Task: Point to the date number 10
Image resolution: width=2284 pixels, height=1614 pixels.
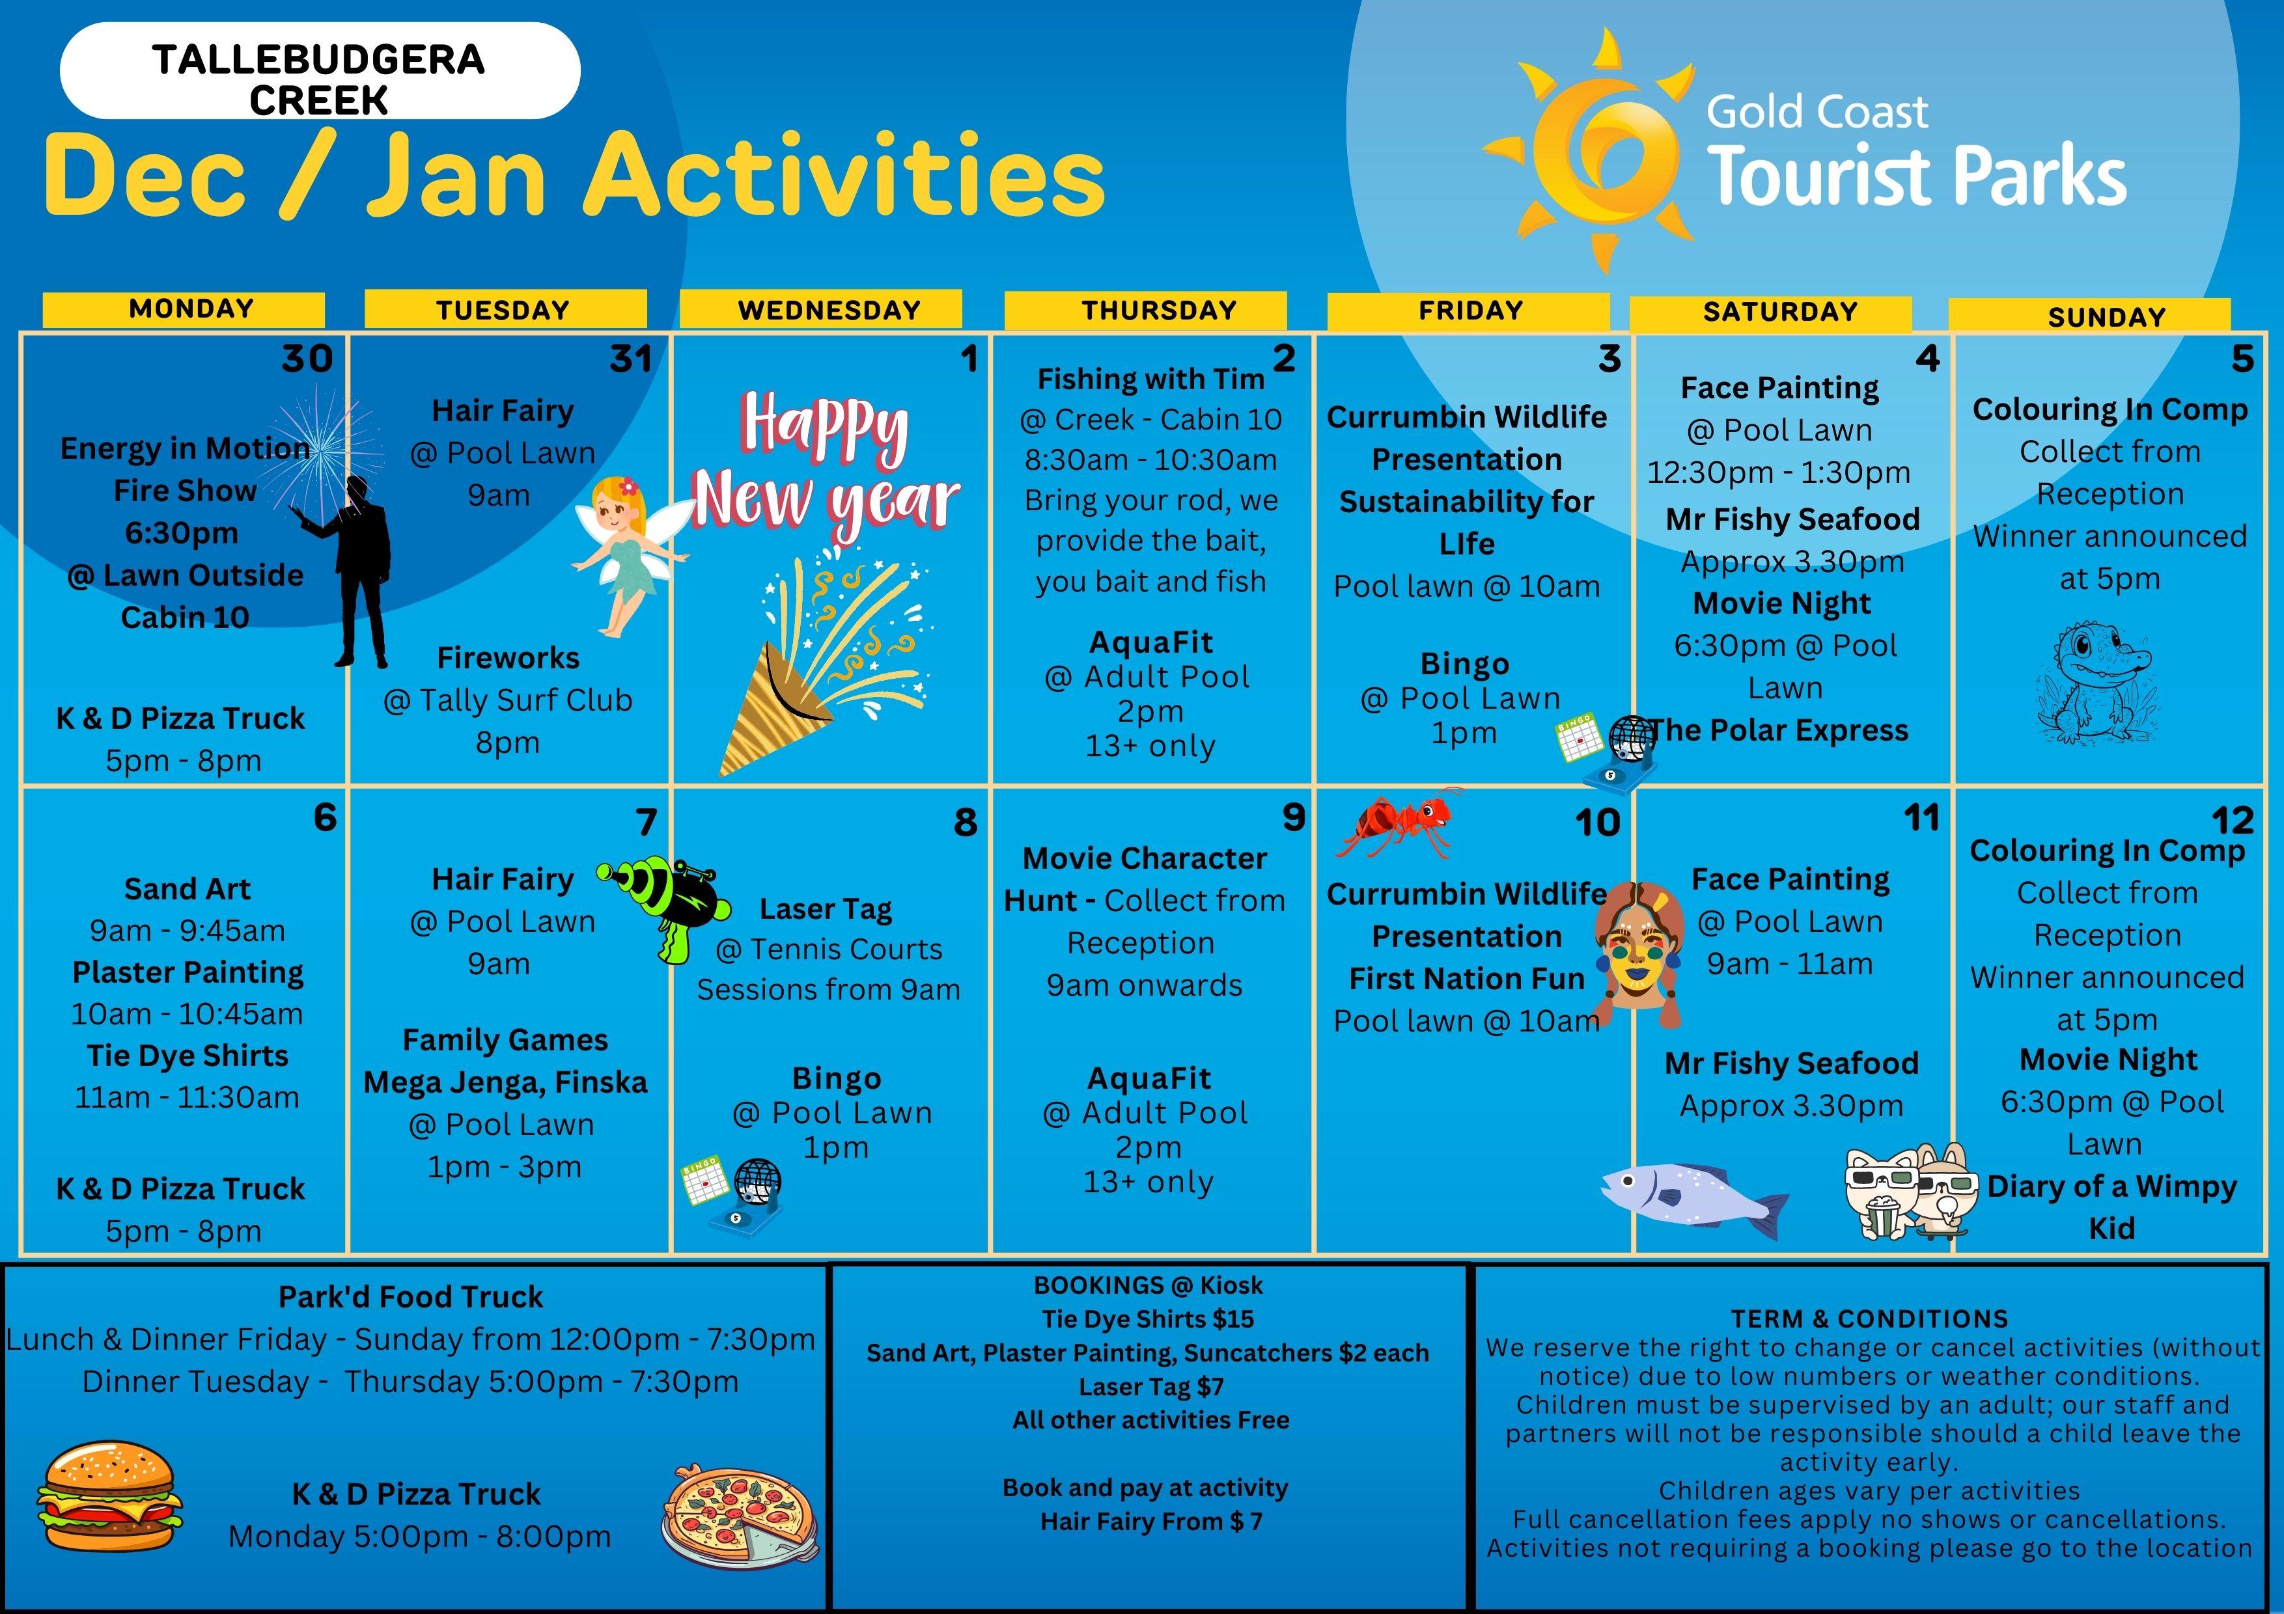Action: click(x=1598, y=823)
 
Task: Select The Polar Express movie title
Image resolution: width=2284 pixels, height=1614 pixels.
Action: click(x=1779, y=730)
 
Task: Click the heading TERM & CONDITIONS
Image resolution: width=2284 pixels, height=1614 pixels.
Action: click(x=1869, y=1319)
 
